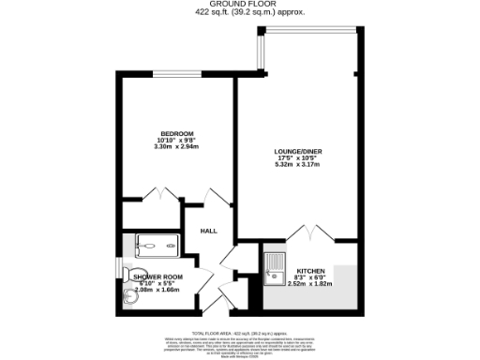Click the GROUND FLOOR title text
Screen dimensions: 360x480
coord(239,5)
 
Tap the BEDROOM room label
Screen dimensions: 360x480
coord(176,132)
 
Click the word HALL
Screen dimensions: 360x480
coord(208,231)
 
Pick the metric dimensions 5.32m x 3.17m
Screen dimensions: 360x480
coord(296,164)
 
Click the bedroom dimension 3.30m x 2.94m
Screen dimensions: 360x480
coord(176,147)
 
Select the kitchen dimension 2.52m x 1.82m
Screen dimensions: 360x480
coord(309,283)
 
